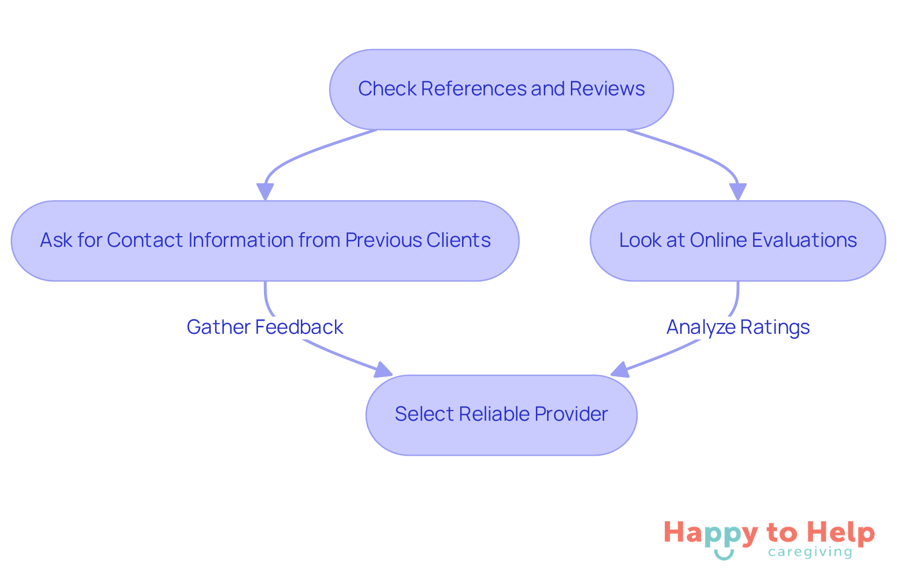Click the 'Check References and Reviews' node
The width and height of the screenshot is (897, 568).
tap(501, 89)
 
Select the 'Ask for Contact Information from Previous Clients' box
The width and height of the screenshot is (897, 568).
tap(265, 241)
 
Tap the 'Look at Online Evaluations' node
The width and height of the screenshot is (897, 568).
tap(738, 241)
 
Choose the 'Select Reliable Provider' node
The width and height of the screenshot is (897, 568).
tap(501, 415)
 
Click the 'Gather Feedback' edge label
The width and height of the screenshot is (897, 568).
tap(265, 327)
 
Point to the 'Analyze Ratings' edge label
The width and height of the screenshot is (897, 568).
tap(738, 327)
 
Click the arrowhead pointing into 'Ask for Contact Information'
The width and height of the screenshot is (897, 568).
tap(265, 192)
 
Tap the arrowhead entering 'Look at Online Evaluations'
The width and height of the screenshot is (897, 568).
tap(738, 192)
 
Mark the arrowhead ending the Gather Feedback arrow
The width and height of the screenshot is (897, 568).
tap(383, 370)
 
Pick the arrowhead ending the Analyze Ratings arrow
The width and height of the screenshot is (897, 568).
tap(620, 370)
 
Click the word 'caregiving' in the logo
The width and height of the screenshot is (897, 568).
tap(810, 552)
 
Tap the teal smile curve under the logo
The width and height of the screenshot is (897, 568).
tap(724, 555)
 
